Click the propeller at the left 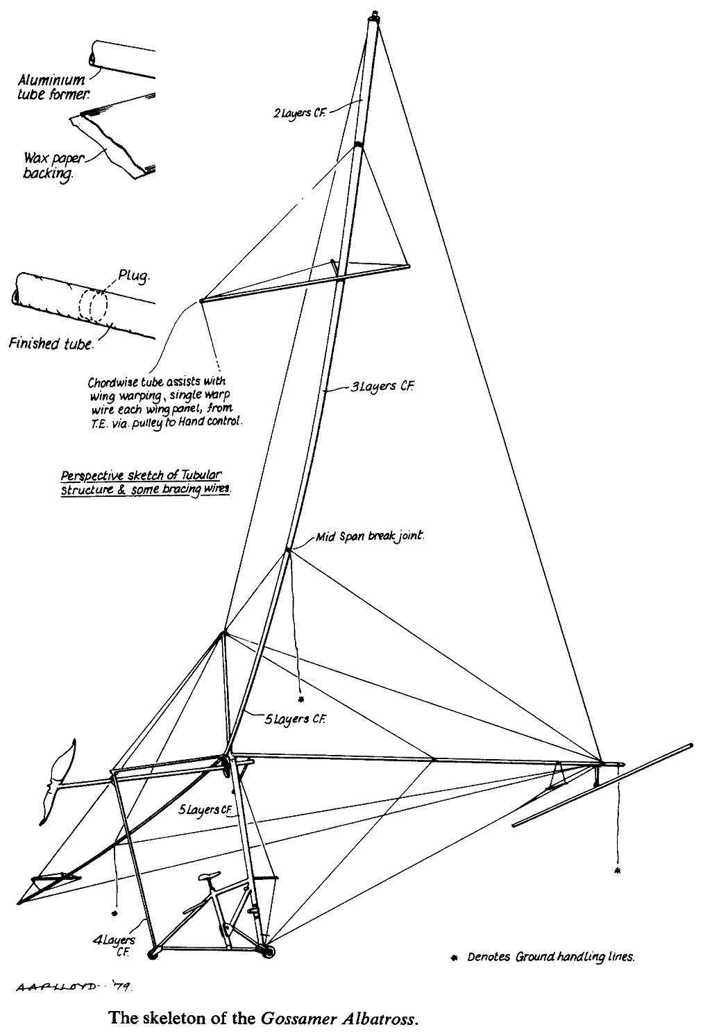58,781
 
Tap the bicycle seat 208,876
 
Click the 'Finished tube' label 50,343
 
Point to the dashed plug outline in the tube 94,305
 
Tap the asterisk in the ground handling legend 455,958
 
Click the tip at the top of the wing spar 375,15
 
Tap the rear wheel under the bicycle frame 266,949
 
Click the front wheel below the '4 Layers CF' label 153,953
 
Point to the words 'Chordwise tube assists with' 157,382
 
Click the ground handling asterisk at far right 617,869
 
